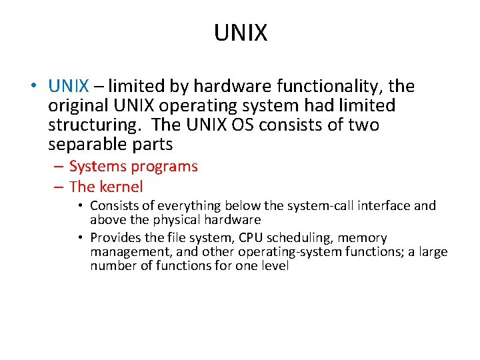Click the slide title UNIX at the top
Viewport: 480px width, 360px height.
point(240,33)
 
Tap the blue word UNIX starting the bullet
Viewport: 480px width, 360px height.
point(68,87)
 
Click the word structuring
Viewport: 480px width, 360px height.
point(85,125)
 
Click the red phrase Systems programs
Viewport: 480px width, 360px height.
point(133,167)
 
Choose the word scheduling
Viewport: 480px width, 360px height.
point(288,238)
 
